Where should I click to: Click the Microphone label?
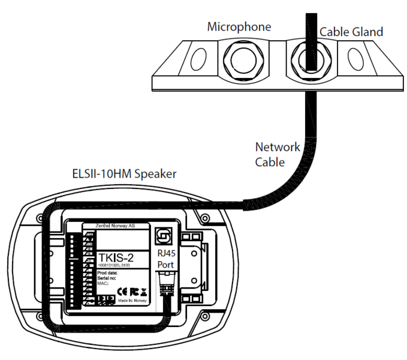pyautogui.click(x=239, y=27)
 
